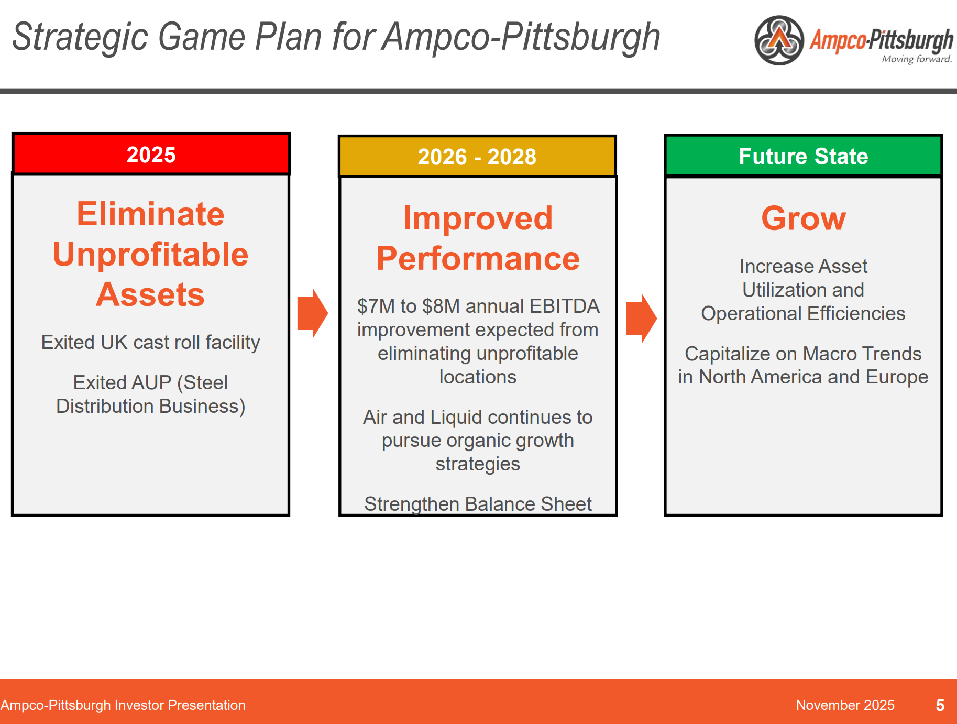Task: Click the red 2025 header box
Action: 151,155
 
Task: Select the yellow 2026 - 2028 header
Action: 477,157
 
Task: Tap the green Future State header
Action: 803,156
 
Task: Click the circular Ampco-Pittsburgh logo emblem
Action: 779,40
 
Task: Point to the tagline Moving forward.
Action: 916,59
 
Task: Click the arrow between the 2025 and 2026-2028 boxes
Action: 313,313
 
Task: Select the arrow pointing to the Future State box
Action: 641,318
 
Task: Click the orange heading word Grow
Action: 803,218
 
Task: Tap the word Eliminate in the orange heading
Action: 151,214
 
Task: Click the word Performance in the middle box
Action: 478,259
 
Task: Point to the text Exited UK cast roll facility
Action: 151,342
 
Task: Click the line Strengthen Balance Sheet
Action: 478,503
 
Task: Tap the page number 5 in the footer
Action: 940,705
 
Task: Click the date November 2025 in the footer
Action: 845,705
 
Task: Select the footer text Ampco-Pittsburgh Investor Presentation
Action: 123,705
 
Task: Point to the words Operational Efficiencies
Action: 803,313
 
